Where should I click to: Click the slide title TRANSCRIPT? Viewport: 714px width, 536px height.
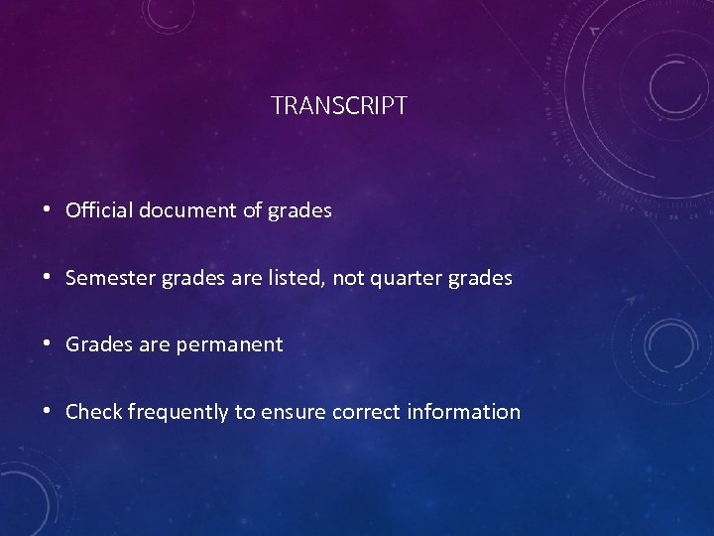pos(339,106)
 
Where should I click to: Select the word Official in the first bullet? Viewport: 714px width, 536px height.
pos(99,210)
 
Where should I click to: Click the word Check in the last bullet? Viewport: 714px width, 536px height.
pos(93,412)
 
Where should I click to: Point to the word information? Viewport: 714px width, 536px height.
pos(463,412)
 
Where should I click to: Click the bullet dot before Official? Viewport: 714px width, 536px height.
pos(48,210)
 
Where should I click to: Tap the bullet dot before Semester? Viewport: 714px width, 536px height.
pos(48,278)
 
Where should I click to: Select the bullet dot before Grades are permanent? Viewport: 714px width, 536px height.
pos(48,345)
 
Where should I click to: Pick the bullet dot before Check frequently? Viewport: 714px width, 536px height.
pos(48,412)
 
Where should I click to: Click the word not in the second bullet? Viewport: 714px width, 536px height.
pos(348,278)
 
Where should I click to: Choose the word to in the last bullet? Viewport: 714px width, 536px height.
pos(245,412)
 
